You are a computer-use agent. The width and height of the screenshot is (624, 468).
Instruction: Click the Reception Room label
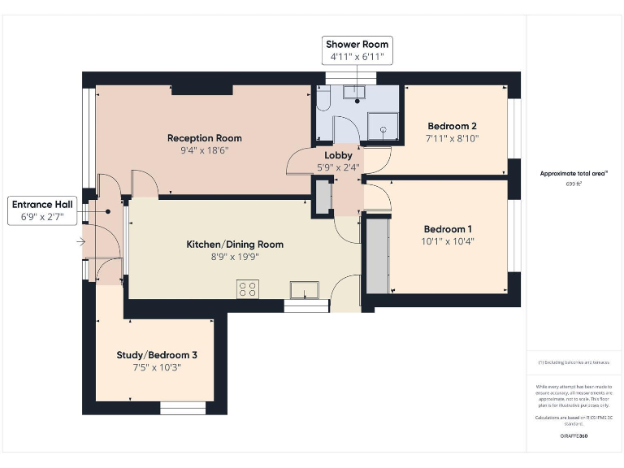205,138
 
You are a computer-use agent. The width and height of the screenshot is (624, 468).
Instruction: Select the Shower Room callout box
357,50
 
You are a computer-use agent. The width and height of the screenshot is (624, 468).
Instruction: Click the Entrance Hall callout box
42,210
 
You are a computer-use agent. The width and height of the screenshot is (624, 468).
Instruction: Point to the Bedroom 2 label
452,126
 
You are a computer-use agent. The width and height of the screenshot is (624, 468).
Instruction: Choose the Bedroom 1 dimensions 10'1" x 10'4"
447,241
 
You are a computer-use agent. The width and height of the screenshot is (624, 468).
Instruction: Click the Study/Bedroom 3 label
157,355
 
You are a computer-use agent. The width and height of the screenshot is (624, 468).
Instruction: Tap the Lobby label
338,155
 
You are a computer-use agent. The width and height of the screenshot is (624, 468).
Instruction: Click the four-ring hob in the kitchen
248,288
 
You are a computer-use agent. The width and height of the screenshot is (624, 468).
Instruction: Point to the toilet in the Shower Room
323,99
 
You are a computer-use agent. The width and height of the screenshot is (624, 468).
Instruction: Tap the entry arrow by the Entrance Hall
80,241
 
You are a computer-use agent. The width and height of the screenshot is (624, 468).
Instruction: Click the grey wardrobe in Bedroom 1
377,256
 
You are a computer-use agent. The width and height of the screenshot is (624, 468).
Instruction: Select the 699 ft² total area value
574,184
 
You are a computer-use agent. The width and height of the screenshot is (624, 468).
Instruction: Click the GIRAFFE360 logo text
574,436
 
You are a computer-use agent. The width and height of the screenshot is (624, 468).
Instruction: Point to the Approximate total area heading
574,173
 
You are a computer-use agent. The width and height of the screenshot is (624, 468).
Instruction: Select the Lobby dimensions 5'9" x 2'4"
338,167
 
